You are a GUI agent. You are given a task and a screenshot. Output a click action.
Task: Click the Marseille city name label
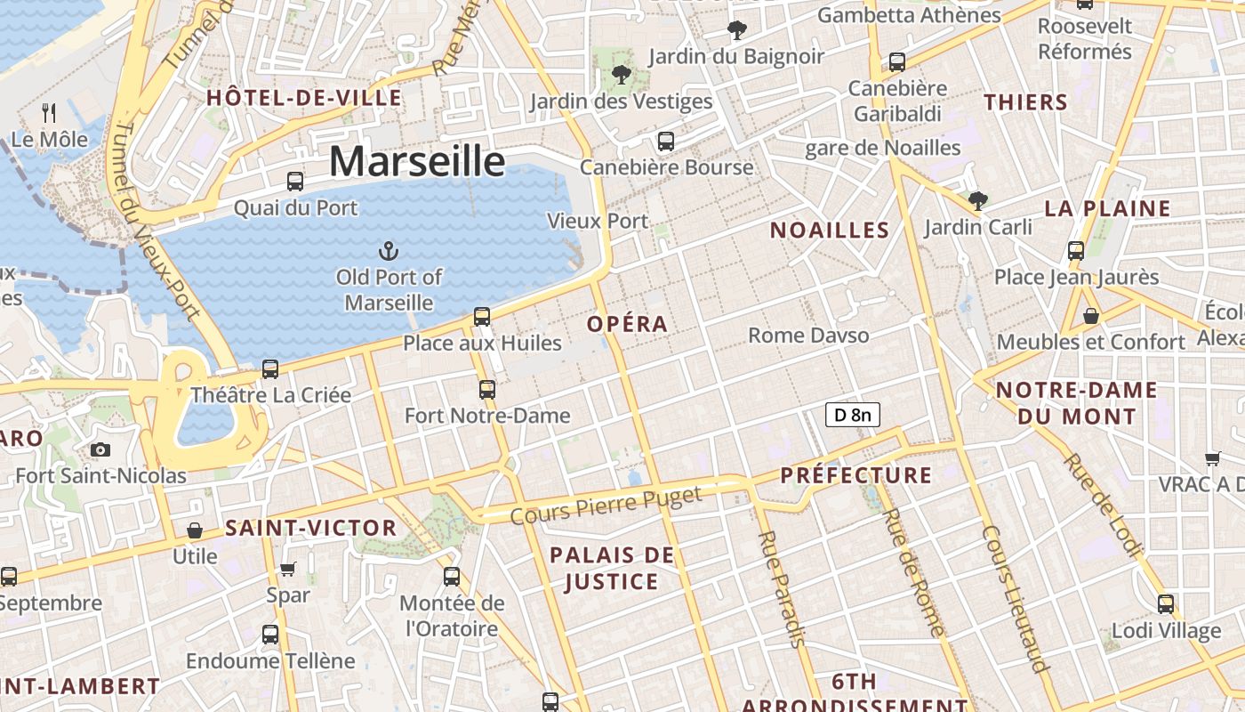pyautogui.click(x=417, y=161)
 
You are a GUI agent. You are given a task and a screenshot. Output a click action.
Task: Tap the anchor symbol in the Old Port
pyautogui.click(x=388, y=250)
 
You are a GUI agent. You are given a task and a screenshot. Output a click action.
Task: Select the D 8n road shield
pyautogui.click(x=853, y=414)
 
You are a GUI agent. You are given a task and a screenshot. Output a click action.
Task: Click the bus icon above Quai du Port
pyautogui.click(x=295, y=182)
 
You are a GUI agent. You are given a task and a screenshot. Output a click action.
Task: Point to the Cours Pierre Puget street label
pyautogui.click(x=606, y=505)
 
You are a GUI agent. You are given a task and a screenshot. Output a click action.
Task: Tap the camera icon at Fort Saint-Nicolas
pyautogui.click(x=100, y=449)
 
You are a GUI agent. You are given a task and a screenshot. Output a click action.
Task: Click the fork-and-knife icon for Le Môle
pyautogui.click(x=50, y=113)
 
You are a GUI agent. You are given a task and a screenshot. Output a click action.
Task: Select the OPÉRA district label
pyautogui.click(x=627, y=324)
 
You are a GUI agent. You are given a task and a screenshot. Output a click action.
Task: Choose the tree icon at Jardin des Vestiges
pyautogui.click(x=621, y=74)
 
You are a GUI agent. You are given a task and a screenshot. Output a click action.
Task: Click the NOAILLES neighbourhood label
pyautogui.click(x=829, y=230)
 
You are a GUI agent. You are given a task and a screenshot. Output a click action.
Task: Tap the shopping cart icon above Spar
pyautogui.click(x=287, y=568)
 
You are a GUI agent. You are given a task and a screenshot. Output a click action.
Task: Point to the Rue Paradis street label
pyautogui.click(x=782, y=588)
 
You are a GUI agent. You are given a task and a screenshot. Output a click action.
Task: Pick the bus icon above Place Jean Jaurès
pyautogui.click(x=1076, y=250)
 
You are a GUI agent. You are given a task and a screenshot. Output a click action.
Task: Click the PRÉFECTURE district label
pyautogui.click(x=856, y=475)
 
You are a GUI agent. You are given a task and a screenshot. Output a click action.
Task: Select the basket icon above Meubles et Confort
pyautogui.click(x=1091, y=316)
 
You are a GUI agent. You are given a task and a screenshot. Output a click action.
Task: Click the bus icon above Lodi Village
pyautogui.click(x=1166, y=604)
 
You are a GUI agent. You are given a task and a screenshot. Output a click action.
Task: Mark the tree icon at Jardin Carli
pyautogui.click(x=978, y=201)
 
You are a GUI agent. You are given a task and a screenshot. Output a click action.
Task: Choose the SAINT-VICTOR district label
pyautogui.click(x=310, y=528)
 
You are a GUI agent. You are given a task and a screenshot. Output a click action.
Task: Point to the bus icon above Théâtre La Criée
pyautogui.click(x=270, y=368)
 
